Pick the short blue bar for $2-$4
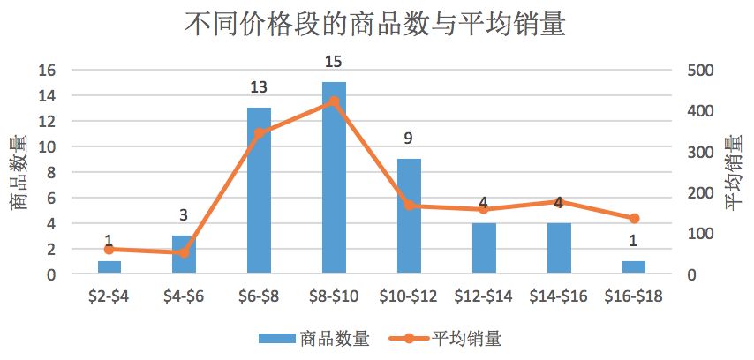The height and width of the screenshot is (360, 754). tap(109, 267)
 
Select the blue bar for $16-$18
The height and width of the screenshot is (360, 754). tap(634, 267)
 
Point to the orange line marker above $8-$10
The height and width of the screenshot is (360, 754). tap(334, 101)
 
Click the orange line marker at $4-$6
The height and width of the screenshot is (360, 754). tap(184, 252)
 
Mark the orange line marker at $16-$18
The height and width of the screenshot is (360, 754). tap(634, 218)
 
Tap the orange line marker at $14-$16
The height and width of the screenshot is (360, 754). tap(559, 202)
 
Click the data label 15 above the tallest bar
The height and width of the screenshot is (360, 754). tap(334, 62)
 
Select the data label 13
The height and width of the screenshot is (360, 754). tap(259, 87)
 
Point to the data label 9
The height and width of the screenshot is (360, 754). tap(409, 139)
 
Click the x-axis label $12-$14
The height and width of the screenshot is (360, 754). tap(484, 296)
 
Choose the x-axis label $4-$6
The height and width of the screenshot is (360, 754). tap(184, 296)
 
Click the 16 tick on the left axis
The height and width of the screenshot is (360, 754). tap(48, 71)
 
